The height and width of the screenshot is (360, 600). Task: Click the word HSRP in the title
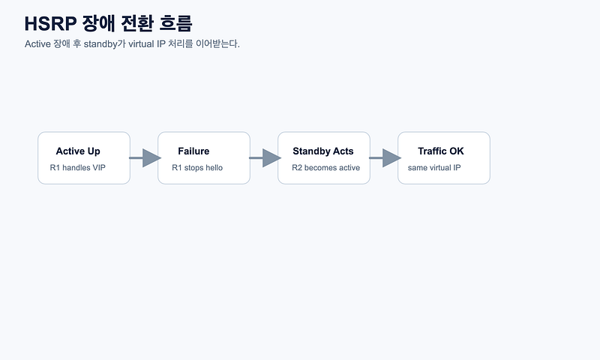coord(50,23)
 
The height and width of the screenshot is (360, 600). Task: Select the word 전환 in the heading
coord(137,23)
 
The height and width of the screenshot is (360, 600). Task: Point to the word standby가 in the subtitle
coord(104,44)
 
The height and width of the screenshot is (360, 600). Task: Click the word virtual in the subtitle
coord(141,44)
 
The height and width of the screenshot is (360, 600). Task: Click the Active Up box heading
coord(78,151)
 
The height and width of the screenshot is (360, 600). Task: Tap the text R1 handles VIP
coord(78,167)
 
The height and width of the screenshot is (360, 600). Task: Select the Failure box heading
coord(193,151)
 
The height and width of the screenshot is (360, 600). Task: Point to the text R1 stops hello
coord(197,167)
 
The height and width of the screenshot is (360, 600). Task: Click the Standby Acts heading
coord(323,151)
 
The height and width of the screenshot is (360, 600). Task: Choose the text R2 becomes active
coord(325,167)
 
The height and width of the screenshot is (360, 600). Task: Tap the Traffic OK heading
coord(441,151)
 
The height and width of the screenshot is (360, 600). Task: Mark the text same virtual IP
coord(434,167)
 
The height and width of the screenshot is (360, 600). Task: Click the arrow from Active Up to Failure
coord(145,158)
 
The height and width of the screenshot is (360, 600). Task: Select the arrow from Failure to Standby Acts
coord(265,158)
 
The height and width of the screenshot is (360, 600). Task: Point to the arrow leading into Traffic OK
coord(385,158)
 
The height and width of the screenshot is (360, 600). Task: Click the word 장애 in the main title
coord(99,23)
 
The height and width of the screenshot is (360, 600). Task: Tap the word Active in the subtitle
coord(38,44)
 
